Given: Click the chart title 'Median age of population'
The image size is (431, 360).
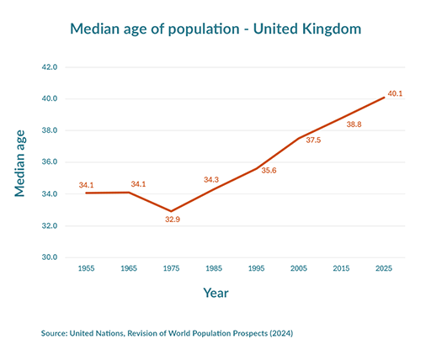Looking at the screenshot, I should (215, 29).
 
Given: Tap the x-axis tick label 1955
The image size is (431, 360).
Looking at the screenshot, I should (86, 268).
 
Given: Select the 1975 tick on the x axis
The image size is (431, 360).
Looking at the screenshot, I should (171, 268).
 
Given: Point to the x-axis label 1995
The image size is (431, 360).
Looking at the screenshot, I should (257, 268).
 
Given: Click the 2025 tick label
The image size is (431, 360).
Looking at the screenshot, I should (385, 268).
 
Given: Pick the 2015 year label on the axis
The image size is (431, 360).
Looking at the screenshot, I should (342, 268).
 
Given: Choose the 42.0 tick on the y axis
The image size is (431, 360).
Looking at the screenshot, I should (49, 67).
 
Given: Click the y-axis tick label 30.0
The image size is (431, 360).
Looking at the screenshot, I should (49, 257).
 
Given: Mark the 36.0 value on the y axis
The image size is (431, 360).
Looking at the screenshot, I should (49, 162).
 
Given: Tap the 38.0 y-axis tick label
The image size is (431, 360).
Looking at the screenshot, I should (49, 130).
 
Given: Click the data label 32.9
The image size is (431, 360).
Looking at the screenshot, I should (172, 220).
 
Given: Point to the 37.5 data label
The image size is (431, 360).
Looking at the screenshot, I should (313, 140).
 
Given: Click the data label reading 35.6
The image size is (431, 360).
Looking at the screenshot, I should (269, 171).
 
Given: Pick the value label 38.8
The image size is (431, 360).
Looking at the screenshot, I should (354, 124).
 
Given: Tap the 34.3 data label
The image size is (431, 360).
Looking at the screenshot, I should (211, 180).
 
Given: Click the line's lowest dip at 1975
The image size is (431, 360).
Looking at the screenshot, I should (171, 211).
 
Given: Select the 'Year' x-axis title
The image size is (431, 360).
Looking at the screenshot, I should (215, 294).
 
